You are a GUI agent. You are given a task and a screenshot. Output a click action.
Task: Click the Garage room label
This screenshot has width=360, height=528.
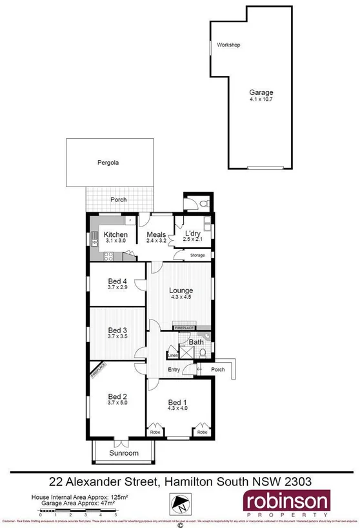point(261,92)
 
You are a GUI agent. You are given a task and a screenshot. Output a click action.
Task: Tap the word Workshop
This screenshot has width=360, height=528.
point(228,45)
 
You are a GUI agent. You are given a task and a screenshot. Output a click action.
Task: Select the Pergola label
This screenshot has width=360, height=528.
point(108,163)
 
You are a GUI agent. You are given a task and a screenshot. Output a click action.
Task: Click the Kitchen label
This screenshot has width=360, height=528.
point(116,234)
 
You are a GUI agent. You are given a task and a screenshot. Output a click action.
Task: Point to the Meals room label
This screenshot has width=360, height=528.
point(157,234)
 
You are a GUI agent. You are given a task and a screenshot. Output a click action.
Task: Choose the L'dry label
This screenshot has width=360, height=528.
point(192,234)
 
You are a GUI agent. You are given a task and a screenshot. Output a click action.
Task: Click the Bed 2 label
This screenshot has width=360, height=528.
point(117,396)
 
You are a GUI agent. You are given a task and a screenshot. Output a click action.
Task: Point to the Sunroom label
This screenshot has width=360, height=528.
point(123,453)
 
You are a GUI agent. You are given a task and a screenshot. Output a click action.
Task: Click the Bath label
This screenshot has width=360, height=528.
point(195,341)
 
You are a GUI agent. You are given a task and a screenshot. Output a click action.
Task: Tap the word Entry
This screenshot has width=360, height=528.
point(174,369)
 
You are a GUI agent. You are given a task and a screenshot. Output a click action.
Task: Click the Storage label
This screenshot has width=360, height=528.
point(197,256)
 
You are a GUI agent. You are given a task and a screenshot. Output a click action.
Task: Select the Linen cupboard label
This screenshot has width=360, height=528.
point(172,354)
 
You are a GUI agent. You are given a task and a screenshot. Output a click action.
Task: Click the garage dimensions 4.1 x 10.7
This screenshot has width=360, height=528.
point(261,99)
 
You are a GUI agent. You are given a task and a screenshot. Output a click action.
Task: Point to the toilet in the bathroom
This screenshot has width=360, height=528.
point(203,353)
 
